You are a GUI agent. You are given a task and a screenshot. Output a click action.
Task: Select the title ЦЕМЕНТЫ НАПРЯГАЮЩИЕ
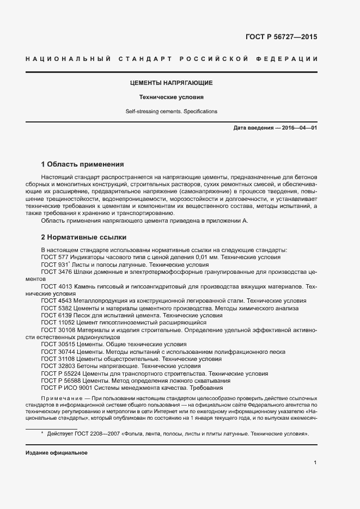click(x=171, y=83)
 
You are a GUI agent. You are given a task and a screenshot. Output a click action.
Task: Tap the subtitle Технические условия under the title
click(x=171, y=98)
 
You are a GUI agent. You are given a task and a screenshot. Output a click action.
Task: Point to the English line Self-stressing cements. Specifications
click(x=171, y=112)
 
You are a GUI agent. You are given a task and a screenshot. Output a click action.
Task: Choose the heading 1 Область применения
click(x=83, y=164)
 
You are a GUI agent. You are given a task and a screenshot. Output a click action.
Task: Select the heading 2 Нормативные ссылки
click(x=84, y=237)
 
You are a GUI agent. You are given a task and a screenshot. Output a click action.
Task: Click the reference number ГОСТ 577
click(x=54, y=257)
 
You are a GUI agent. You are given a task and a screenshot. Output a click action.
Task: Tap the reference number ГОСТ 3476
click(x=56, y=272)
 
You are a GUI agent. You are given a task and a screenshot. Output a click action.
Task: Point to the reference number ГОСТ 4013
click(x=56, y=286)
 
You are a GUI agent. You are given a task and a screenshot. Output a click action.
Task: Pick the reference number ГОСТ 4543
click(x=56, y=301)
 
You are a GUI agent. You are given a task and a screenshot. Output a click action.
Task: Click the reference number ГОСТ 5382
click(x=56, y=308)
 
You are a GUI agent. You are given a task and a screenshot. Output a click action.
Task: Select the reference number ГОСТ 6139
click(x=56, y=315)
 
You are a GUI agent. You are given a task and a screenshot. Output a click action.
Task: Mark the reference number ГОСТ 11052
click(x=57, y=322)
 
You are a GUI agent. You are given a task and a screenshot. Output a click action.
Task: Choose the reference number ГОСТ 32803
click(x=57, y=366)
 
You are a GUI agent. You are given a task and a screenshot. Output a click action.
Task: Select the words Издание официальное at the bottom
click(x=57, y=453)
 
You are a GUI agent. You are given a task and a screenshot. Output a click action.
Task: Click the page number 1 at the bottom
click(x=315, y=462)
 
